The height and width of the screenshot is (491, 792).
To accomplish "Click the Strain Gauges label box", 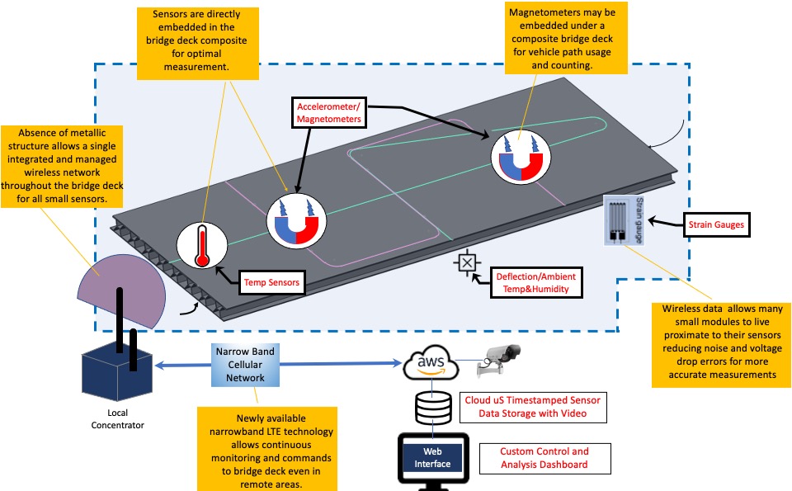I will click(x=717, y=224).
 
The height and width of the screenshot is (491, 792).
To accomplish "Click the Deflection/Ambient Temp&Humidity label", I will click(x=535, y=282).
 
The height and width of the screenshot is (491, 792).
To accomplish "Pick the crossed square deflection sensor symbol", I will click(x=467, y=264).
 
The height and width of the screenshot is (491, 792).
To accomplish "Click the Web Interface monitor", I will click(x=432, y=457).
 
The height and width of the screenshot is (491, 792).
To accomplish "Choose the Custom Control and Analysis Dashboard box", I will click(x=544, y=458).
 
